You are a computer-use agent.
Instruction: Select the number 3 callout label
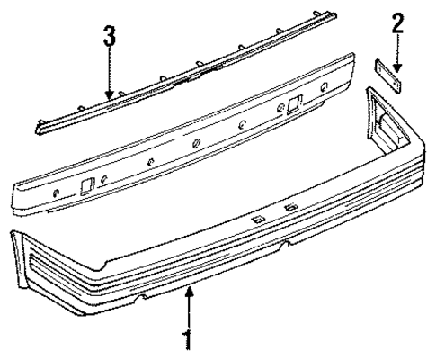109,37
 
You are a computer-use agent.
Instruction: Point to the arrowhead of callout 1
189,288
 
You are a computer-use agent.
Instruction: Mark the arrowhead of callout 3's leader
109,97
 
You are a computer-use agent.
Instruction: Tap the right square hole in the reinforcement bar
294,104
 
